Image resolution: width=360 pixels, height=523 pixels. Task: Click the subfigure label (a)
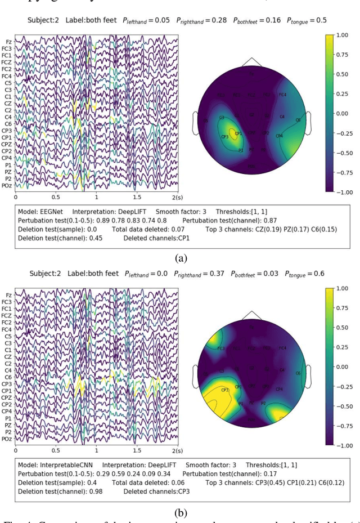pos(181,258)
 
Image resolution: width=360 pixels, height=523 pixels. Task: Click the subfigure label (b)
pos(181,512)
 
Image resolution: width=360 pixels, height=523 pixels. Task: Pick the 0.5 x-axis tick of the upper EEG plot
pos(56,198)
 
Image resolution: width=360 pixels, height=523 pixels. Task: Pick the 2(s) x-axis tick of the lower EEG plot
pos(177,451)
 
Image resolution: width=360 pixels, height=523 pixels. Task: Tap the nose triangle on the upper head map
pos(251,61)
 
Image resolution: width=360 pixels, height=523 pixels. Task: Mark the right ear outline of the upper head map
pos(307,122)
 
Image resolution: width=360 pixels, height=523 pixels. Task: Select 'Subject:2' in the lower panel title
pos(44,274)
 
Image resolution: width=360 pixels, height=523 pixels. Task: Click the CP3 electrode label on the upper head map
pos(224,137)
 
